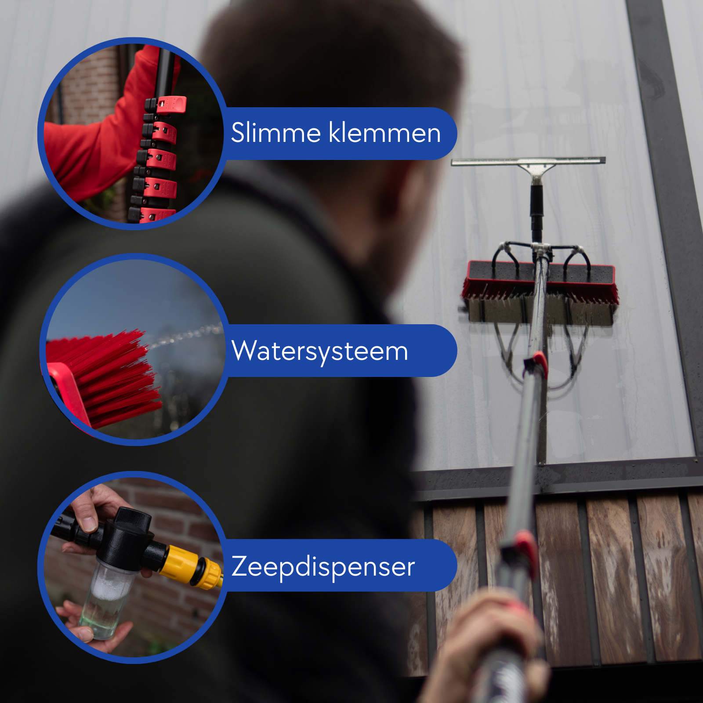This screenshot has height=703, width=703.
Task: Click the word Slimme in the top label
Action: click(275, 133)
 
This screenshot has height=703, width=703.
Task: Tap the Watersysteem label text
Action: click(320, 351)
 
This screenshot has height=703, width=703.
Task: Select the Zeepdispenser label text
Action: click(323, 567)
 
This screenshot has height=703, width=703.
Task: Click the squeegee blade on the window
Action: click(528, 161)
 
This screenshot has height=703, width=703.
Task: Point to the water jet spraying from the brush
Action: click(185, 336)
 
